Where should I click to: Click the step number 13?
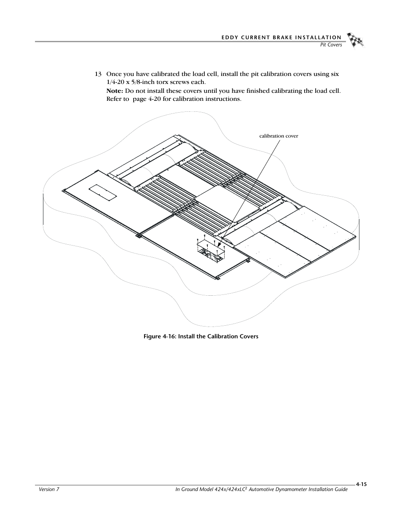click(x=98, y=74)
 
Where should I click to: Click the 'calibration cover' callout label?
click(x=279, y=136)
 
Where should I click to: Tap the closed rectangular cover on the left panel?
click(x=102, y=192)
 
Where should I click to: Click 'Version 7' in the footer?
click(x=46, y=489)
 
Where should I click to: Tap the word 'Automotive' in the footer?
click(x=262, y=489)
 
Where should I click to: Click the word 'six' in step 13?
click(x=334, y=74)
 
